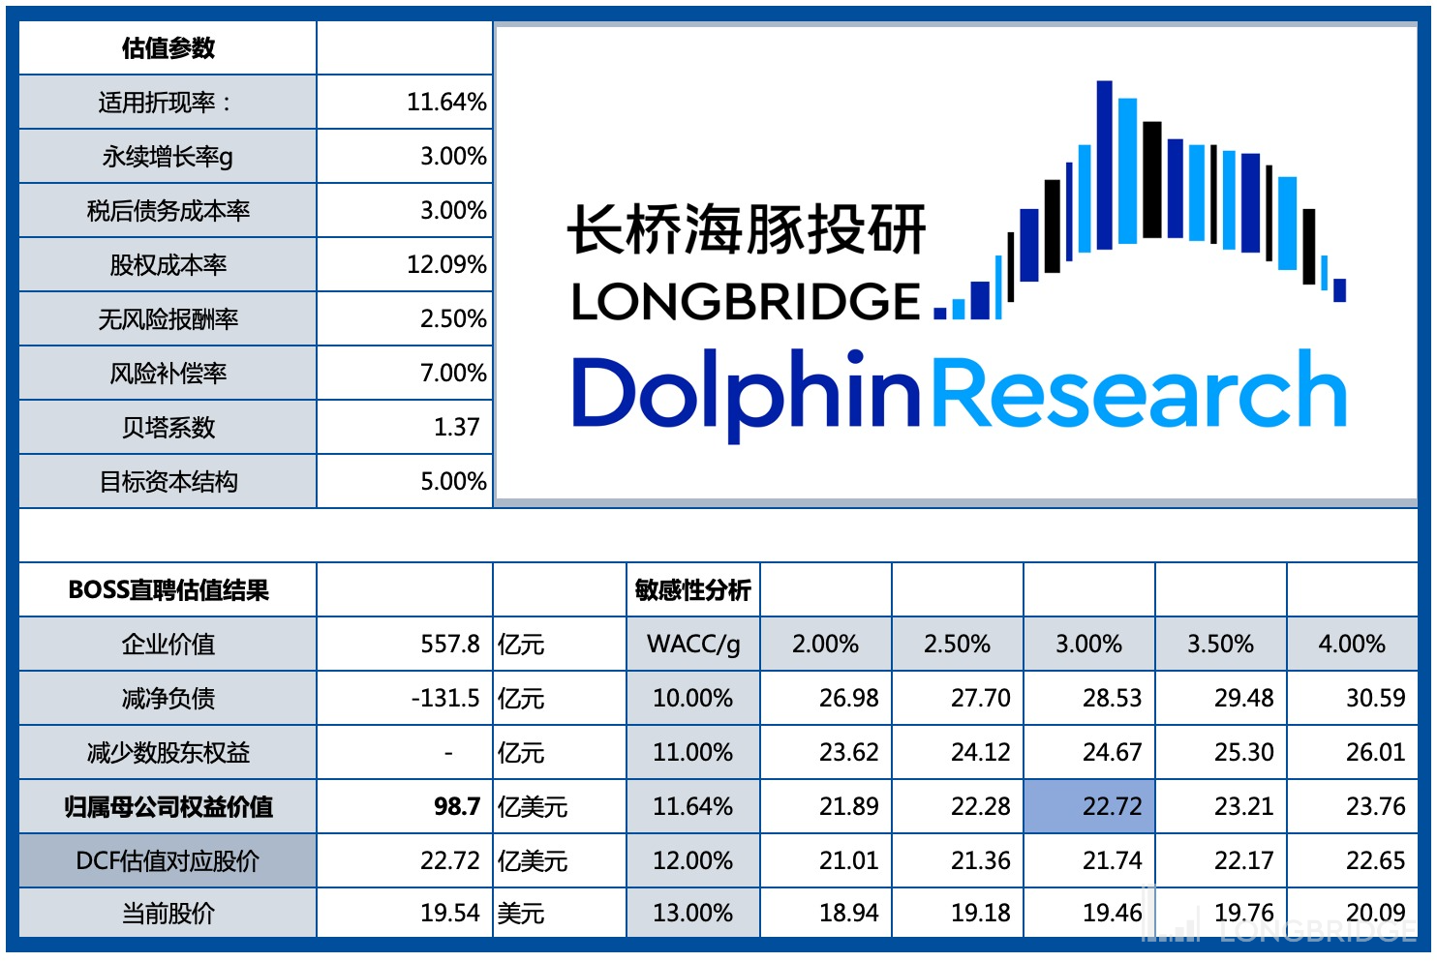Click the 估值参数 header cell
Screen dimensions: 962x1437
(x=168, y=48)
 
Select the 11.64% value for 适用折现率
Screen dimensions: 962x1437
(x=445, y=103)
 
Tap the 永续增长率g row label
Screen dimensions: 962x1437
(x=168, y=157)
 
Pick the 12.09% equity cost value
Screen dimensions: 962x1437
(x=445, y=265)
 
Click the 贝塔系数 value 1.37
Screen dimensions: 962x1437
(x=456, y=428)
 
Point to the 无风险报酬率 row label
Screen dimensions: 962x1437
(x=168, y=319)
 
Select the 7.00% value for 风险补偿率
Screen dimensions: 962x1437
(x=452, y=374)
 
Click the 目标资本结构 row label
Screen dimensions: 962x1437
(x=168, y=482)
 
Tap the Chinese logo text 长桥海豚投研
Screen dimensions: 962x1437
(x=747, y=229)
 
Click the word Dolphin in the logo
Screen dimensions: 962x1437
(x=746, y=393)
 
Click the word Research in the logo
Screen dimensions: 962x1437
(x=1139, y=391)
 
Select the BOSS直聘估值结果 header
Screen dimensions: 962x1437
(x=168, y=590)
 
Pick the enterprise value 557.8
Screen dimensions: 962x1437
(x=449, y=645)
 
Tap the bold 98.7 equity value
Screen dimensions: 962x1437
(x=456, y=807)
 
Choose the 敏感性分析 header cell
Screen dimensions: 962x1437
(x=692, y=590)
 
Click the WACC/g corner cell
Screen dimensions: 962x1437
(x=692, y=645)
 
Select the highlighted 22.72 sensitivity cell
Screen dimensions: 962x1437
(x=1112, y=807)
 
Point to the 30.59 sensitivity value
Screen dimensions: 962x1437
(x=1375, y=699)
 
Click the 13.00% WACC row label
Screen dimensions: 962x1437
(x=692, y=914)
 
